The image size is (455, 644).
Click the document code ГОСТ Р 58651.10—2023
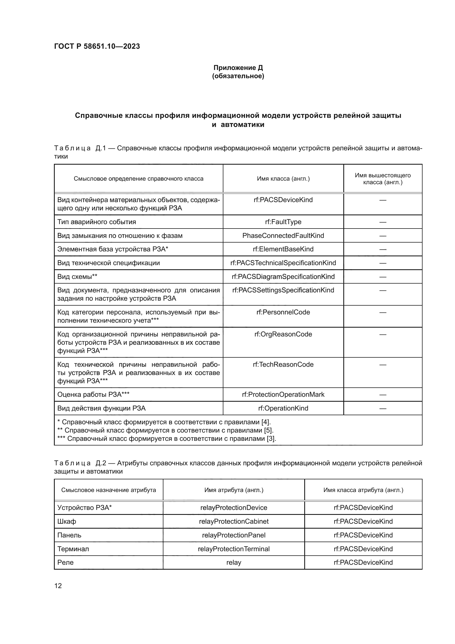point(97,46)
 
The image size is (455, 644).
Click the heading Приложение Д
point(238,68)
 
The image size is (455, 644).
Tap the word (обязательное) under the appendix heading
point(238,76)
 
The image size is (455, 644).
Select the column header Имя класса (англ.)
point(283,179)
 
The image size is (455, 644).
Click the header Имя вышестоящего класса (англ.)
point(382,179)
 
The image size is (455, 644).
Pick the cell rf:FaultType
point(283,222)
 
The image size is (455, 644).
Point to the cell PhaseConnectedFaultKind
point(283,236)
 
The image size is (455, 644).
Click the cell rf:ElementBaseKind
point(283,249)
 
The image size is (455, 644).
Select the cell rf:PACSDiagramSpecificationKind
point(283,276)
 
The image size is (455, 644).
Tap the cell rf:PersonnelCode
point(283,312)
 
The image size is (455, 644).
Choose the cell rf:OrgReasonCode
point(283,334)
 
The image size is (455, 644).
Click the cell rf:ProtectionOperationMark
point(283,394)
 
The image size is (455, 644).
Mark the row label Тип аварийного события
point(97,222)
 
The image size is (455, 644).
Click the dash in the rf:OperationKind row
point(382,408)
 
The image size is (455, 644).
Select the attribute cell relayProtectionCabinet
point(234,521)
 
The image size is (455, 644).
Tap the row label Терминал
point(73,549)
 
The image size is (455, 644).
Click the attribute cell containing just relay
point(234,563)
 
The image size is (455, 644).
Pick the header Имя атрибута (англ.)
point(234,490)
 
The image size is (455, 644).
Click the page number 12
point(58,586)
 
